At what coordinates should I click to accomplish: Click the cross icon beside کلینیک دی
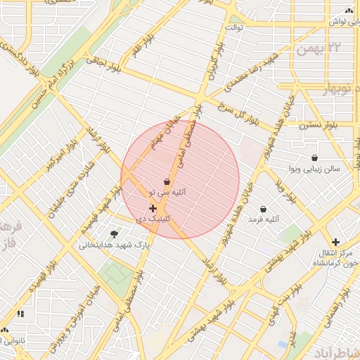(x=153, y=208)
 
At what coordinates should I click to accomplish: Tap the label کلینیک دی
(x=153, y=219)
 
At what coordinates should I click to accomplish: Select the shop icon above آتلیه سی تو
(x=167, y=181)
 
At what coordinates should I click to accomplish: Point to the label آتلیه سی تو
(x=167, y=192)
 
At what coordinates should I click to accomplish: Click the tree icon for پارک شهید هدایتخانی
(x=114, y=234)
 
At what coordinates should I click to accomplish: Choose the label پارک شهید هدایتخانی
(x=114, y=245)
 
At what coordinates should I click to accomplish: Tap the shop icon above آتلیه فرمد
(x=263, y=209)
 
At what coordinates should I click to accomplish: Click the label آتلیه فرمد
(x=264, y=220)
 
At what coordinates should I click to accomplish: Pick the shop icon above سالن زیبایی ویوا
(x=314, y=157)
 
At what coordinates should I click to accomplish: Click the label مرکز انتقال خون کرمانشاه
(x=333, y=257)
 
